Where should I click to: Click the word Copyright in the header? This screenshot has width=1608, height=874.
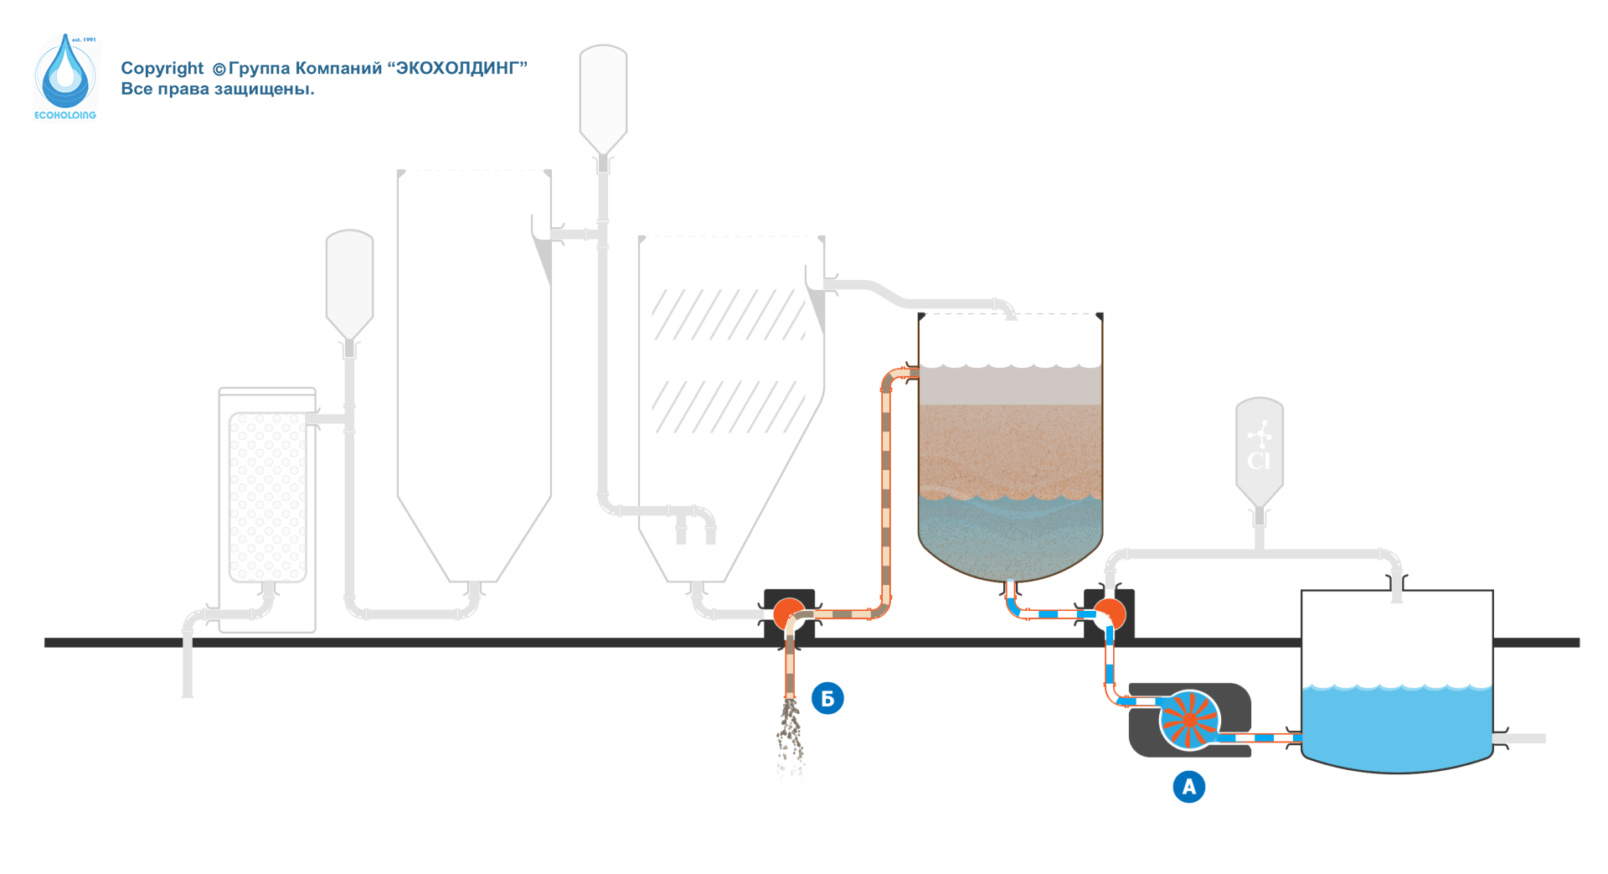[162, 69]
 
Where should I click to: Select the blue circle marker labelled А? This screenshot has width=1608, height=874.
[1188, 787]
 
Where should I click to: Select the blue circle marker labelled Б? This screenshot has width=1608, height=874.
[827, 698]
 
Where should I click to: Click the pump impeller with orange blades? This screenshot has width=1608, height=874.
[1189, 719]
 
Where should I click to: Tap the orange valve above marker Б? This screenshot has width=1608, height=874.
[789, 614]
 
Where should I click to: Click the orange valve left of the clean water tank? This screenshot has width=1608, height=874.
[1110, 614]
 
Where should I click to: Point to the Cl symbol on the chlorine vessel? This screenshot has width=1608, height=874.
[1259, 460]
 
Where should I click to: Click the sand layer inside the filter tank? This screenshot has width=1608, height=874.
[1010, 448]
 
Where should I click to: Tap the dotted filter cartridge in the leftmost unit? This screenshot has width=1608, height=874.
[267, 496]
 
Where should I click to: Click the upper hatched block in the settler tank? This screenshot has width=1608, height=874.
[729, 314]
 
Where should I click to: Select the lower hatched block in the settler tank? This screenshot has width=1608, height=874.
[729, 406]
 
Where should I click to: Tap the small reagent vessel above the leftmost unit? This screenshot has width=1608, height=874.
[349, 281]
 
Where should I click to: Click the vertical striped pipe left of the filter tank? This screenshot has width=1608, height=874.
[886, 494]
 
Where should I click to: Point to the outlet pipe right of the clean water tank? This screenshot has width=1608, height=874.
[1524, 738]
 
